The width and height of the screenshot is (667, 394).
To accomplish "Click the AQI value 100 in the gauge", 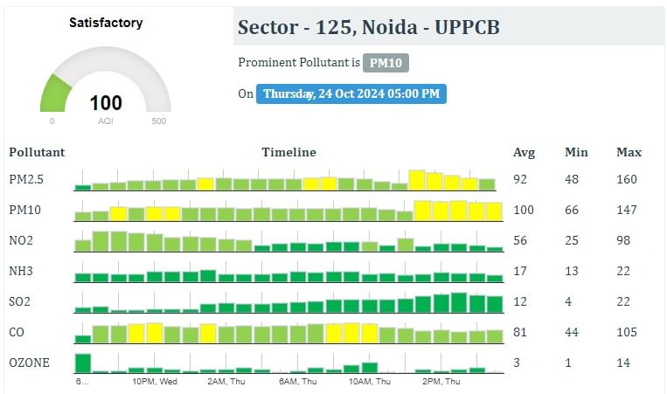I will pyautogui.click(x=106, y=103).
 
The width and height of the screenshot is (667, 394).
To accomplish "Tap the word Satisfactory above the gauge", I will pyautogui.click(x=106, y=23).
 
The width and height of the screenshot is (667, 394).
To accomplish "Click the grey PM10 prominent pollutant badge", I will pyautogui.click(x=386, y=63).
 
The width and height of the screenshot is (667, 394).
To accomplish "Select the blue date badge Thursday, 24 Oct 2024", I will pyautogui.click(x=351, y=93).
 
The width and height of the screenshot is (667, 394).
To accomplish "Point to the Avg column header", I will pyautogui.click(x=524, y=152).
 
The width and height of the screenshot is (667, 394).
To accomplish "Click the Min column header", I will pyautogui.click(x=576, y=152).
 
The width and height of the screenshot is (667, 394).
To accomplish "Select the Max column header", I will pyautogui.click(x=629, y=152).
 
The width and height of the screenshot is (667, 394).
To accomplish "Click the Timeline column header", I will pyautogui.click(x=288, y=152).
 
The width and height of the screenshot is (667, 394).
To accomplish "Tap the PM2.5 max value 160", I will pyautogui.click(x=626, y=179).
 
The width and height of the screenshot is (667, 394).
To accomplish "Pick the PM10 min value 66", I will pyautogui.click(x=572, y=210).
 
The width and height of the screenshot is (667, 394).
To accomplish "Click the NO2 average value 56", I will pyautogui.click(x=520, y=240).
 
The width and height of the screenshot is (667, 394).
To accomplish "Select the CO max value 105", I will pyautogui.click(x=626, y=332).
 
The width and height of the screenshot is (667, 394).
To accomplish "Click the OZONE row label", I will pyautogui.click(x=30, y=363).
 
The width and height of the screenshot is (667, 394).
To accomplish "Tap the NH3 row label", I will pyautogui.click(x=22, y=271).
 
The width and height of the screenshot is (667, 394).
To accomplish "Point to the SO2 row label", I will pyautogui.click(x=21, y=301).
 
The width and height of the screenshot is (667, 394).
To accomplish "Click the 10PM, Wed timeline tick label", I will pyautogui.click(x=155, y=382).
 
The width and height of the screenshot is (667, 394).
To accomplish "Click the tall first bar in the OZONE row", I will pyautogui.click(x=83, y=363).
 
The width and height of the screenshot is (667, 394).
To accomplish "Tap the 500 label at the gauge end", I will pyautogui.click(x=159, y=121).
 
